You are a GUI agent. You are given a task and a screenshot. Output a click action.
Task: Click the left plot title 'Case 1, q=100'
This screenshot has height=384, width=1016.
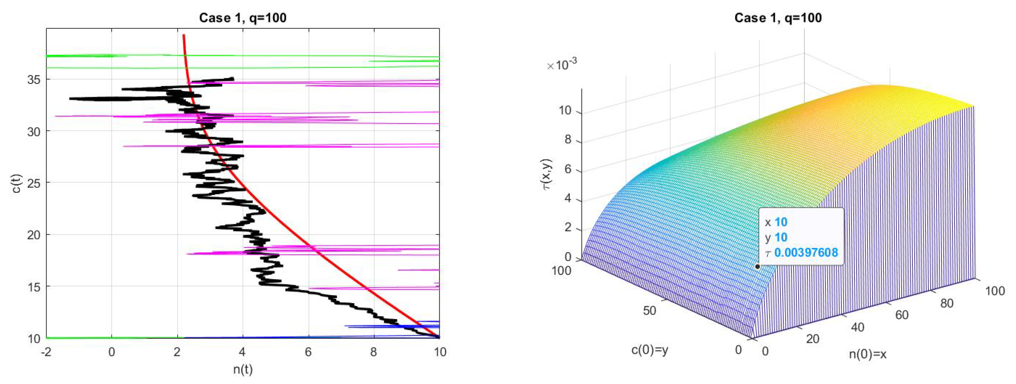[242, 18]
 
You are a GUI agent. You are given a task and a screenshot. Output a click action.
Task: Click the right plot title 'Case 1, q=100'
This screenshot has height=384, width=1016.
[778, 18]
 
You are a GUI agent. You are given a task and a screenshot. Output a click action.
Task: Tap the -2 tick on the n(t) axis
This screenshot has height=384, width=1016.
[46, 352]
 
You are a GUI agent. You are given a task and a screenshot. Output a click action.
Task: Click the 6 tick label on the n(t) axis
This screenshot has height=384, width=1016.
[308, 352]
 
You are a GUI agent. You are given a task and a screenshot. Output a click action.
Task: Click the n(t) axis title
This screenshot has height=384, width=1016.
[242, 370]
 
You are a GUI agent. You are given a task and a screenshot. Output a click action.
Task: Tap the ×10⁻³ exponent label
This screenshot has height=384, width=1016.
[562, 64]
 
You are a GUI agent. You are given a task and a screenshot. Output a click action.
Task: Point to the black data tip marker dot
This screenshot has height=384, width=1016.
[757, 267]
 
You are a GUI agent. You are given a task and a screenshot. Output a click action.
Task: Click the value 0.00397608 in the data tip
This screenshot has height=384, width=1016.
[806, 253]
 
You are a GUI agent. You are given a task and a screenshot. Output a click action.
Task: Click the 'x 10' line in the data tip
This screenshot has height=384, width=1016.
[776, 222]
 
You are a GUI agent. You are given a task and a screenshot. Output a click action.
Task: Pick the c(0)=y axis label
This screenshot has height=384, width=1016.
[650, 350]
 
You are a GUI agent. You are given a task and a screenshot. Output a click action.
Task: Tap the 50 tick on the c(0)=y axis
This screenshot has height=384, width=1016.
[649, 310]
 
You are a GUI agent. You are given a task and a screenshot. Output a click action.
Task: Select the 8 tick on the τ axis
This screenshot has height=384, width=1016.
[568, 140]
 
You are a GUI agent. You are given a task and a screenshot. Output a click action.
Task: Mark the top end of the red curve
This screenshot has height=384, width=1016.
[183, 36]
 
